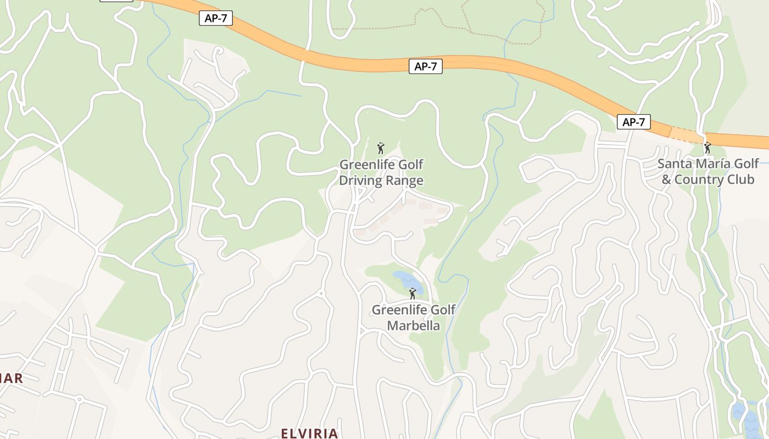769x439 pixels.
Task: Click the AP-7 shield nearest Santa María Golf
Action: [x=633, y=122]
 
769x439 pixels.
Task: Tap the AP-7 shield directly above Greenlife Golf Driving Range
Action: [x=425, y=66]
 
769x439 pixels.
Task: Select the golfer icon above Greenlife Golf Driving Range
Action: [x=381, y=148]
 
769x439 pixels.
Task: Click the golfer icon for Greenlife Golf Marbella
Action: [x=413, y=294]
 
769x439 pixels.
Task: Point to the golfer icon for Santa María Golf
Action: [x=707, y=148]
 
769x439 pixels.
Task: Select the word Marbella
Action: [x=413, y=325]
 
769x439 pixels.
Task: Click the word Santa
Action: [x=673, y=164]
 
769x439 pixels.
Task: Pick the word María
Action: [x=710, y=164]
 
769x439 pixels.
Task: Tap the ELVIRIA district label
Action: [x=309, y=433]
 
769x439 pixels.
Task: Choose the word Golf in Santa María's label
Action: [x=746, y=164]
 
